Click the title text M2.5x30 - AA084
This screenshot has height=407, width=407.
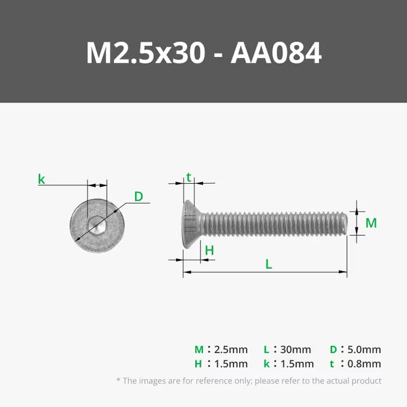(x=203, y=53)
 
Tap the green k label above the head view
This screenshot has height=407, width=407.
(x=41, y=179)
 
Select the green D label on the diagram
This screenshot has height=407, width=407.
(x=138, y=197)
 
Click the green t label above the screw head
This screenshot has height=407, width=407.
(x=188, y=177)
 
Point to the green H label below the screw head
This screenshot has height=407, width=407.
(x=209, y=251)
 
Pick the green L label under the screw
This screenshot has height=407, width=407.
(x=269, y=264)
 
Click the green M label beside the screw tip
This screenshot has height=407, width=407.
(x=371, y=223)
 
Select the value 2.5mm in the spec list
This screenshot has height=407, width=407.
(x=231, y=349)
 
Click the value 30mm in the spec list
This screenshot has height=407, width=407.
(x=295, y=349)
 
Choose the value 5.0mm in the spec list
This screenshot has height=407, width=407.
(x=363, y=349)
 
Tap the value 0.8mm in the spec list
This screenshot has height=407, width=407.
(x=363, y=364)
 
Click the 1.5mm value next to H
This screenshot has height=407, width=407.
(x=231, y=364)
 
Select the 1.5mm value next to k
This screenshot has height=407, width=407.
(x=297, y=364)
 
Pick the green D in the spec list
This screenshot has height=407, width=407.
(x=333, y=349)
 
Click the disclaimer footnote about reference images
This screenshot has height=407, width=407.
(x=249, y=381)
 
